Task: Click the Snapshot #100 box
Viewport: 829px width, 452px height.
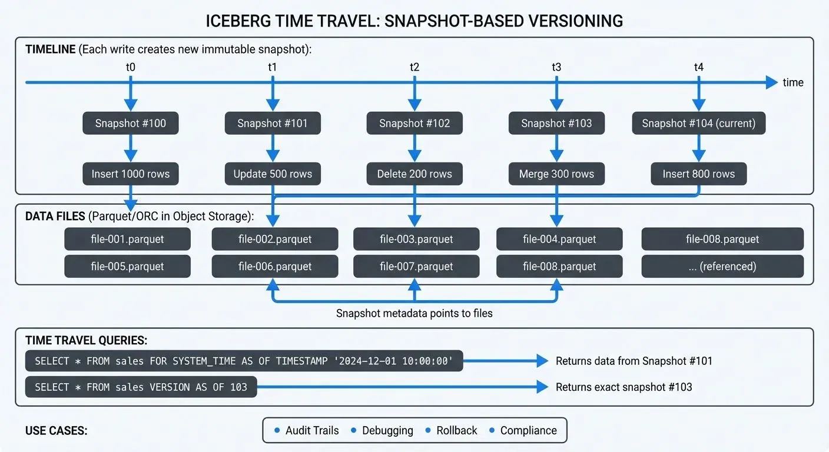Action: [x=131, y=124]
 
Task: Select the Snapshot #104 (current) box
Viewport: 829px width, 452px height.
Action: [x=698, y=124]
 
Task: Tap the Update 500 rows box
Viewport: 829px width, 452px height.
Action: [x=273, y=174]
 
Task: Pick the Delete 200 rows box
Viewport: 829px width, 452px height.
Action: [x=414, y=174]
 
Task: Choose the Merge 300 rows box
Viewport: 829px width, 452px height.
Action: [x=556, y=174]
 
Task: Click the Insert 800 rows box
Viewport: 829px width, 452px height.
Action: [x=698, y=174]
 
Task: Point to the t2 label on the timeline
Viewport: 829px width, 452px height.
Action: [x=414, y=67]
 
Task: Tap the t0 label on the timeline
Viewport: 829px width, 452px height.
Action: [x=131, y=67]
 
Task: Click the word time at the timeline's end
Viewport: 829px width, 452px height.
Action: [x=792, y=83]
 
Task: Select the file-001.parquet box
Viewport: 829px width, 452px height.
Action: [x=127, y=240]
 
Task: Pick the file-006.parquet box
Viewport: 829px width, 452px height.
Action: [x=275, y=267]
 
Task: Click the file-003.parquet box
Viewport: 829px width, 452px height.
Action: [x=416, y=240]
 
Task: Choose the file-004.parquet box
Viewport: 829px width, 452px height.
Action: [x=559, y=240]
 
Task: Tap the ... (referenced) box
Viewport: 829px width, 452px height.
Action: [x=722, y=267]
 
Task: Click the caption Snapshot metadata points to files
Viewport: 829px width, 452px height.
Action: [x=414, y=313]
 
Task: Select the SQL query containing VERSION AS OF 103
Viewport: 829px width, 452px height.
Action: [x=141, y=387]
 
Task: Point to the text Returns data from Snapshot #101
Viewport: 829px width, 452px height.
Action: [x=634, y=361]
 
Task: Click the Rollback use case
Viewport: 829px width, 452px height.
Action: [x=456, y=430]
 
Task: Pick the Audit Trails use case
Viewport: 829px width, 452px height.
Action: [x=312, y=430]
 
